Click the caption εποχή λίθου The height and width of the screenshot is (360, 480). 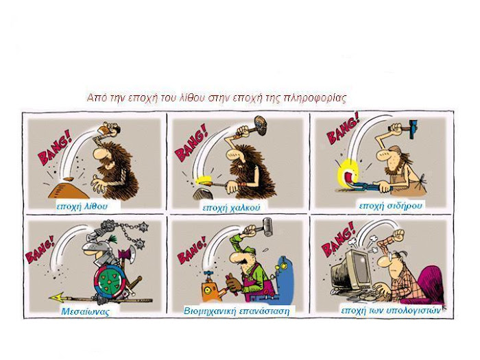[x=82, y=206]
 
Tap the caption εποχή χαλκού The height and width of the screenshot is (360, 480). [x=231, y=208]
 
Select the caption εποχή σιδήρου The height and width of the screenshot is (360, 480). [x=390, y=205]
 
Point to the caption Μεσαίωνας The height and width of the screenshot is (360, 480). [x=85, y=311]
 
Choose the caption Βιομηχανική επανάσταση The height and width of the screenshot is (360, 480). [x=237, y=311]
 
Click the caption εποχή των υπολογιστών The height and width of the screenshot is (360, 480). [x=391, y=311]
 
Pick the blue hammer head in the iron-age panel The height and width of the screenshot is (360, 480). [x=413, y=128]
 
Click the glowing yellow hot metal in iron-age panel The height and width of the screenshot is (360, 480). [x=348, y=173]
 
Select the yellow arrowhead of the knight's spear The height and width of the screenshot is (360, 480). [x=57, y=297]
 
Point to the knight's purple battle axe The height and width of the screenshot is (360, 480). [x=128, y=255]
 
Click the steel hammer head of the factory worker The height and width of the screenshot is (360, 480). [x=267, y=226]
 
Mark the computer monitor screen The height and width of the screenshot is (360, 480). [x=361, y=269]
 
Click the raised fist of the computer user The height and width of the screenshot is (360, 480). [x=398, y=235]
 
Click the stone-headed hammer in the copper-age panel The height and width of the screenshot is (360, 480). [x=256, y=125]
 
